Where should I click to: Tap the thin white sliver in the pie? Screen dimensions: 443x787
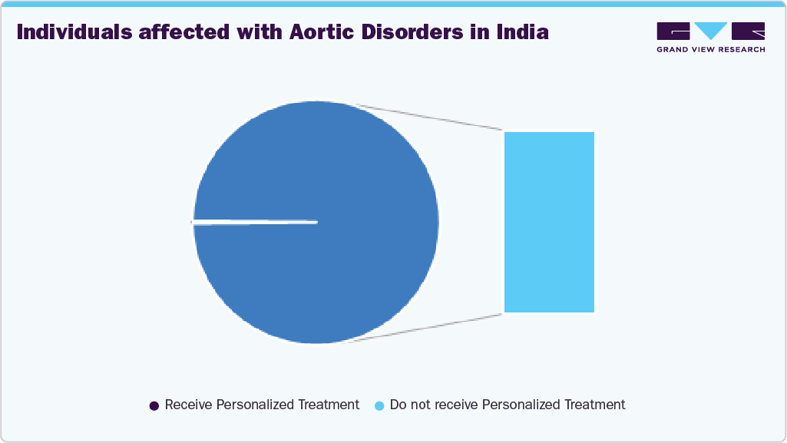point(253,223)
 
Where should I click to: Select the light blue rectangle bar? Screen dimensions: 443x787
point(549,222)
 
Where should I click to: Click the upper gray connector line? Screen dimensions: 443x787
point(430,117)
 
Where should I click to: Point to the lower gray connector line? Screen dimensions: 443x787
point(430,328)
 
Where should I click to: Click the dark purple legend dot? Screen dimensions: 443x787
point(154,405)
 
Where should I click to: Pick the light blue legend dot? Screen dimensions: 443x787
point(379,405)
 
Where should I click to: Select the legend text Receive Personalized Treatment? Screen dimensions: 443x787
point(262,405)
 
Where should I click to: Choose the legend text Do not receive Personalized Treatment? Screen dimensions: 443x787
point(508,405)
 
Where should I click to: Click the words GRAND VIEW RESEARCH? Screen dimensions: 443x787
point(710,49)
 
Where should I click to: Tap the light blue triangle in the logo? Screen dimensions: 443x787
point(710,31)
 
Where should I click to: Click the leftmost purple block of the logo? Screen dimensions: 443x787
point(673,31)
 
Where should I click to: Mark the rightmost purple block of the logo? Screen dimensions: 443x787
point(748,31)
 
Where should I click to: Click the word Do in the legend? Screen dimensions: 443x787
point(398,405)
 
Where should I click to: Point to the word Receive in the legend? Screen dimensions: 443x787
point(188,405)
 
